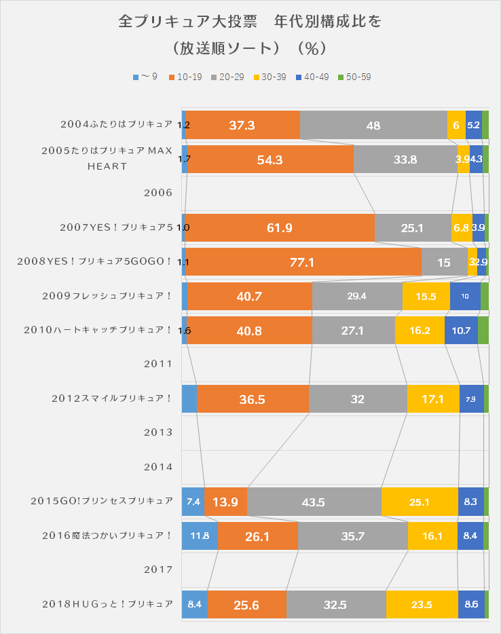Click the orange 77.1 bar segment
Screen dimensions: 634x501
(303, 262)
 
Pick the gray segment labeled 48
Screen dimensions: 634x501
(373, 125)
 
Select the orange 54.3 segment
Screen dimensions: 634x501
(270, 160)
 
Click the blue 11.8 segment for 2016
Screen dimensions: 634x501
(200, 536)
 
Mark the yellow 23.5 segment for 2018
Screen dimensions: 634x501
(422, 605)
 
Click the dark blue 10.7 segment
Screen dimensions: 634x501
(461, 331)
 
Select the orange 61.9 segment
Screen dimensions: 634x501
(280, 228)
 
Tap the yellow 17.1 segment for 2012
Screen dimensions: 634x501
(433, 399)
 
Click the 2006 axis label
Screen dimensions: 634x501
(158, 192)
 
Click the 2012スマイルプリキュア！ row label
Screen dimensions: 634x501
(112, 398)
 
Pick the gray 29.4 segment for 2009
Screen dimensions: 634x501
(357, 297)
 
